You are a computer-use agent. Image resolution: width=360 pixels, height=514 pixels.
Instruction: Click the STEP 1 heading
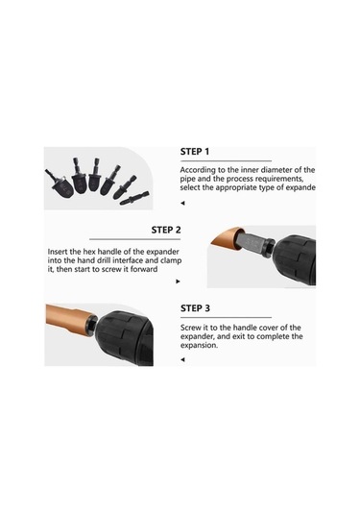(x=195, y=152)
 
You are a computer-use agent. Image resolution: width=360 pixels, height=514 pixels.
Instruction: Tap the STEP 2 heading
(x=166, y=230)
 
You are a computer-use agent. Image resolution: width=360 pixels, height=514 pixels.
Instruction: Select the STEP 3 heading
(x=195, y=308)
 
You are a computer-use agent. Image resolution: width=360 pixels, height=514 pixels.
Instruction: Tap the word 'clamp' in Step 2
(x=171, y=261)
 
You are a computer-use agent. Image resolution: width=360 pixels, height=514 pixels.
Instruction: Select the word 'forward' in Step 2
(x=144, y=269)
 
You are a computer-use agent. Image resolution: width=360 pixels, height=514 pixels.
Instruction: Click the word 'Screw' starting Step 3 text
(x=190, y=328)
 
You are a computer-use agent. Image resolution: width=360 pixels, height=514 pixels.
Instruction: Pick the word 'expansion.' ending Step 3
(x=199, y=346)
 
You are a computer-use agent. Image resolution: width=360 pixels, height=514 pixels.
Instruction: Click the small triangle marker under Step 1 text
(x=182, y=204)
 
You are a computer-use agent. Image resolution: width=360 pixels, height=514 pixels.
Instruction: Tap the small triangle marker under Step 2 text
(x=178, y=281)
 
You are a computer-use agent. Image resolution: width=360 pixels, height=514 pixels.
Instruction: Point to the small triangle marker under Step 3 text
(x=182, y=359)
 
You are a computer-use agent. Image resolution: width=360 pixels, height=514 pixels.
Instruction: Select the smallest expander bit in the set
(x=133, y=198)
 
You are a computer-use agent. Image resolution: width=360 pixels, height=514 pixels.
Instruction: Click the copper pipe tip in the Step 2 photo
(x=225, y=237)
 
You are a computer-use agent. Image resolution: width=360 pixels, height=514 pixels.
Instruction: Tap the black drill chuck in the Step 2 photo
(x=295, y=260)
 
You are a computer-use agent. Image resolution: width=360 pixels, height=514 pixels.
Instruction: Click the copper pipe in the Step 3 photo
(x=69, y=318)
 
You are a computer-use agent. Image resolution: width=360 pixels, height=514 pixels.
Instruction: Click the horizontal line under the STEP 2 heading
(x=134, y=239)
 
